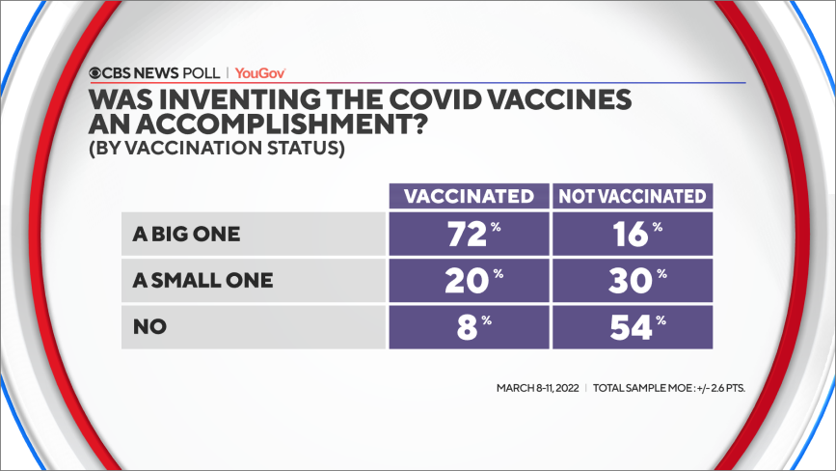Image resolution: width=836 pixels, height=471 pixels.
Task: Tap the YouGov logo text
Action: (x=259, y=72)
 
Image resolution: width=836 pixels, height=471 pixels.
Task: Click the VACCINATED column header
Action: (x=469, y=196)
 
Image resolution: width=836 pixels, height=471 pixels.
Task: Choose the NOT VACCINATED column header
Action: (x=633, y=196)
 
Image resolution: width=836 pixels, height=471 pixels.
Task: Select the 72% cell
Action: (x=469, y=235)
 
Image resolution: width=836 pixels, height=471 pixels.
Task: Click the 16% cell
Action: (x=633, y=235)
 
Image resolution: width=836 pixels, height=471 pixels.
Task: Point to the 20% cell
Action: (x=469, y=281)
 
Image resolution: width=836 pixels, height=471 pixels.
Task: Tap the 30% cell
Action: (x=633, y=281)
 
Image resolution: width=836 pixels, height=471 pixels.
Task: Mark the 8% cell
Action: (x=469, y=327)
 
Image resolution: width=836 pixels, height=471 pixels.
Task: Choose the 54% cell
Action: (x=633, y=327)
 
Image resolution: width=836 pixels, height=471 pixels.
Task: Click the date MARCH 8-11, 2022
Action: (x=536, y=388)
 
